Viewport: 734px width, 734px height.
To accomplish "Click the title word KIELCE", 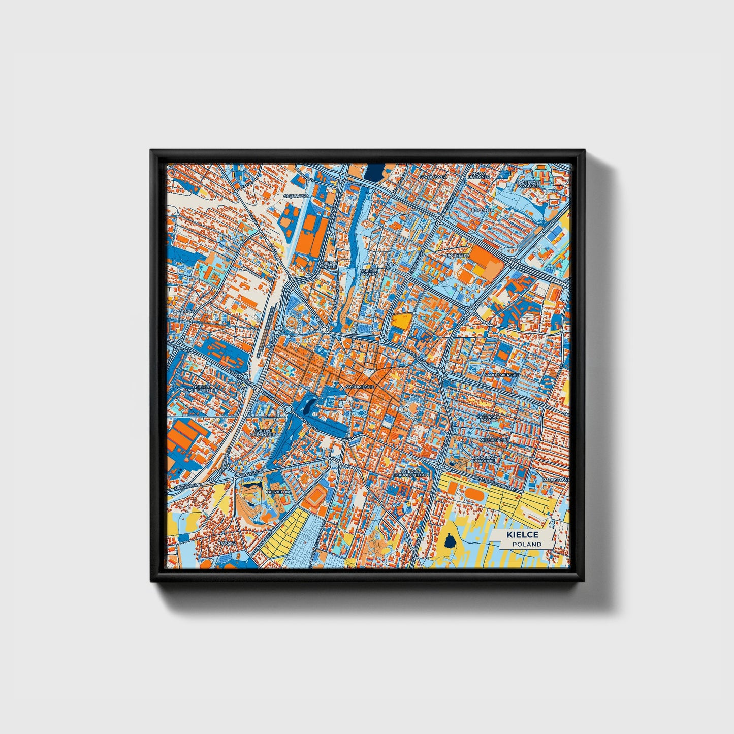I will pos(521,535).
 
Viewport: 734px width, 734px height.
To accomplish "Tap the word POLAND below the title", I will pos(526,544).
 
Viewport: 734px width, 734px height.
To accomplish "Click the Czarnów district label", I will pos(181,311).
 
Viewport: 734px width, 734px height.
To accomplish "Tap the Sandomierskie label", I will pos(501,374).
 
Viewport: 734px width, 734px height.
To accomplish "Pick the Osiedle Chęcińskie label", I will pos(263,432).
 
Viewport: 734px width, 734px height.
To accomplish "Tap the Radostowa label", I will pos(556,479).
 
